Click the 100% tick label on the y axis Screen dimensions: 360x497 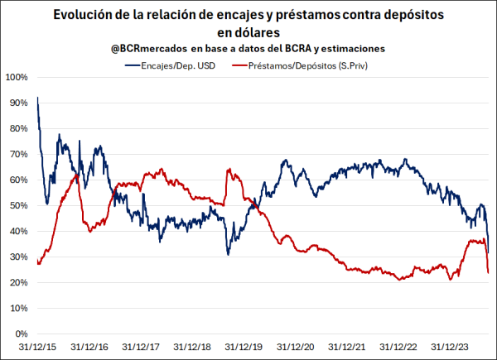(17, 77)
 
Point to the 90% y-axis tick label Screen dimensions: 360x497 (18, 103)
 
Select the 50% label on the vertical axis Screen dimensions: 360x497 (18, 205)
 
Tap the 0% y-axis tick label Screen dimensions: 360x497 (21, 334)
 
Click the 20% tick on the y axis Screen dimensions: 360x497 (18, 283)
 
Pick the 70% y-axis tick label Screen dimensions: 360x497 (18, 154)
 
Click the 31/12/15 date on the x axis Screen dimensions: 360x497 (38, 348)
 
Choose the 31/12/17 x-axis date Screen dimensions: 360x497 (140, 348)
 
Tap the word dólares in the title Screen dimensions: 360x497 (248, 31)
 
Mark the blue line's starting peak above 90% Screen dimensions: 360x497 (37, 98)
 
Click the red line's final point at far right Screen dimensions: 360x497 (488, 272)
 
